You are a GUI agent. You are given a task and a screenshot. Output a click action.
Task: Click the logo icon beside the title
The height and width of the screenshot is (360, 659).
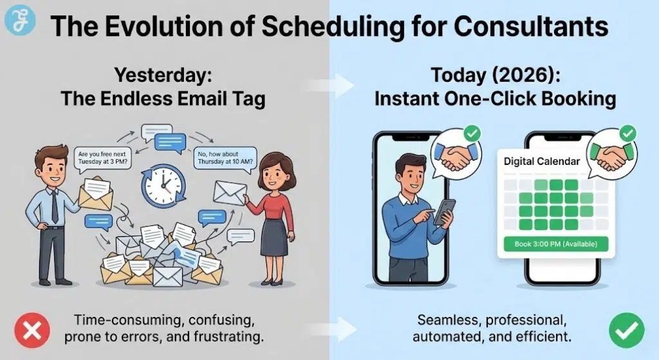click(x=17, y=21)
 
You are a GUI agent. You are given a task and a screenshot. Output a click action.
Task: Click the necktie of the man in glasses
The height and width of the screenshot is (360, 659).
click(x=55, y=204)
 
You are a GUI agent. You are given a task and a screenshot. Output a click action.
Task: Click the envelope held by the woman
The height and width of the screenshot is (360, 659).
click(x=230, y=191)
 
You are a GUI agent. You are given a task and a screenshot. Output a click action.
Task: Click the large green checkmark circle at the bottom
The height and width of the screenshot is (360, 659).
click(x=626, y=330)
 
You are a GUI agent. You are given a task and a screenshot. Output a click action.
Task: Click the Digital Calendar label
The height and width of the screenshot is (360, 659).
click(x=542, y=161)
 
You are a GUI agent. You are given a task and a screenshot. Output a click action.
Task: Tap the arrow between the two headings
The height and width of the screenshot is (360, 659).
click(x=329, y=84)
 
